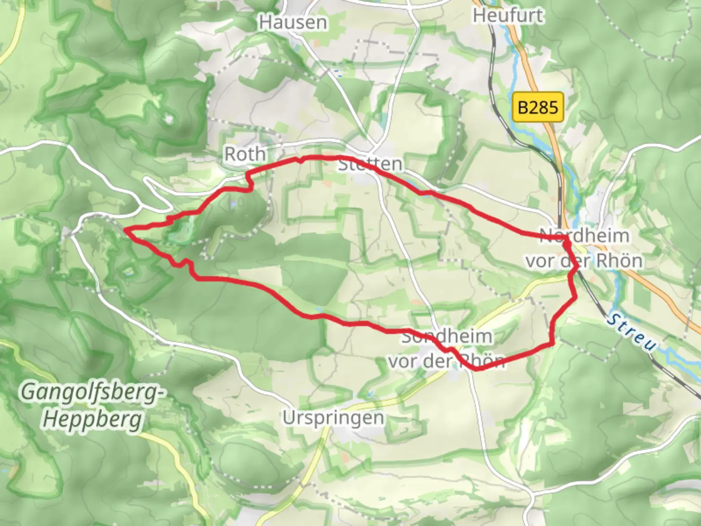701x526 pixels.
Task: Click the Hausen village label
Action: pyautogui.click(x=293, y=22)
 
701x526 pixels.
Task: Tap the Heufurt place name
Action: pyautogui.click(x=508, y=16)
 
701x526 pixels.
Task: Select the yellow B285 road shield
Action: pyautogui.click(x=538, y=107)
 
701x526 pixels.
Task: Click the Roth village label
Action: pyautogui.click(x=245, y=154)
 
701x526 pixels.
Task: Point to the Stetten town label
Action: pyautogui.click(x=370, y=164)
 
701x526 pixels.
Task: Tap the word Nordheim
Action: pyautogui.click(x=585, y=236)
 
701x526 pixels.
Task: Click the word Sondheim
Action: pyautogui.click(x=446, y=336)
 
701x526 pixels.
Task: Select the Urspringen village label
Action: pyautogui.click(x=333, y=418)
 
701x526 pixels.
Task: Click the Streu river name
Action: pyautogui.click(x=631, y=333)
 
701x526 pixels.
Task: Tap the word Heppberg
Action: pyautogui.click(x=92, y=419)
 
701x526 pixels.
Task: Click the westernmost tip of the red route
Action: pyautogui.click(x=125, y=229)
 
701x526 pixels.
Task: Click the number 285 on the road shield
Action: pyautogui.click(x=544, y=107)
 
